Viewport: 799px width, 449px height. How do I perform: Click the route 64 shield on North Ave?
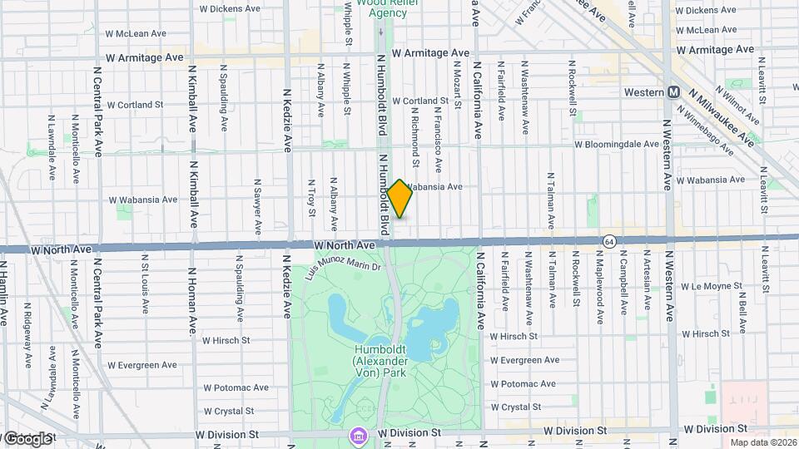pos(610,240)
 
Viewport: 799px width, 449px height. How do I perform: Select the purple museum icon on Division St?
pos(358,435)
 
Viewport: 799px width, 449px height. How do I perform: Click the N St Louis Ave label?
pos(145,286)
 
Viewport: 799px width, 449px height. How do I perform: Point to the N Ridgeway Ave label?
pos(27,332)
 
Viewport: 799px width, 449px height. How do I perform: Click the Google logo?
pos(27,438)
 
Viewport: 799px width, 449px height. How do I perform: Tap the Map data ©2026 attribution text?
pos(762,442)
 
